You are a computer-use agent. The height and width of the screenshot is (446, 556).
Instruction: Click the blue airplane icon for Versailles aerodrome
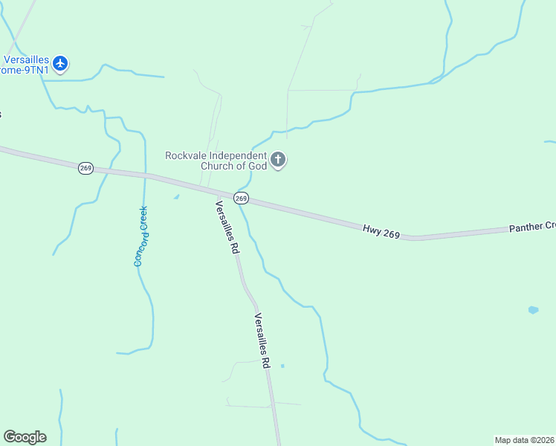[60, 64]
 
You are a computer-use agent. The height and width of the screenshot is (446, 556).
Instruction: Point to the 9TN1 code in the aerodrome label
[37, 69]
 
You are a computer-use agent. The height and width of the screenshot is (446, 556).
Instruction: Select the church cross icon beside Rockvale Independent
[278, 160]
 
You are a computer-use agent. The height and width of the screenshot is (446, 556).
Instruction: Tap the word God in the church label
[256, 166]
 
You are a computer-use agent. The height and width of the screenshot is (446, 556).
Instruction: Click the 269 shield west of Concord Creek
[85, 169]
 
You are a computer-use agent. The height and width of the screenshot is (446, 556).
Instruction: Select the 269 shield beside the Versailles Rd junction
[241, 198]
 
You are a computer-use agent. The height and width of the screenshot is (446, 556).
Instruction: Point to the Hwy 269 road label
[381, 231]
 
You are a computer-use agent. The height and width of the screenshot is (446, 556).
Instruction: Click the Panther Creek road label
[531, 227]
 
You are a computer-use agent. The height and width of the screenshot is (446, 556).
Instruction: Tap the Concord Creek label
[140, 236]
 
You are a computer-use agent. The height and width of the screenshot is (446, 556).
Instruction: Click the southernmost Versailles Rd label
[262, 341]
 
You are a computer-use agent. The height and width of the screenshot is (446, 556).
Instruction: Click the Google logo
[25, 437]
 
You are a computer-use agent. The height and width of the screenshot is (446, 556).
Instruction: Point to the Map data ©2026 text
[524, 440]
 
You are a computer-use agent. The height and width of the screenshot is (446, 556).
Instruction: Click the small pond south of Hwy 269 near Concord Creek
[176, 197]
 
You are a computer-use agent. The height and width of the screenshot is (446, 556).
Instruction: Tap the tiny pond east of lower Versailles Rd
[282, 366]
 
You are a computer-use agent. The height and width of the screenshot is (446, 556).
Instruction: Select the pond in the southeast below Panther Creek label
[533, 310]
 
